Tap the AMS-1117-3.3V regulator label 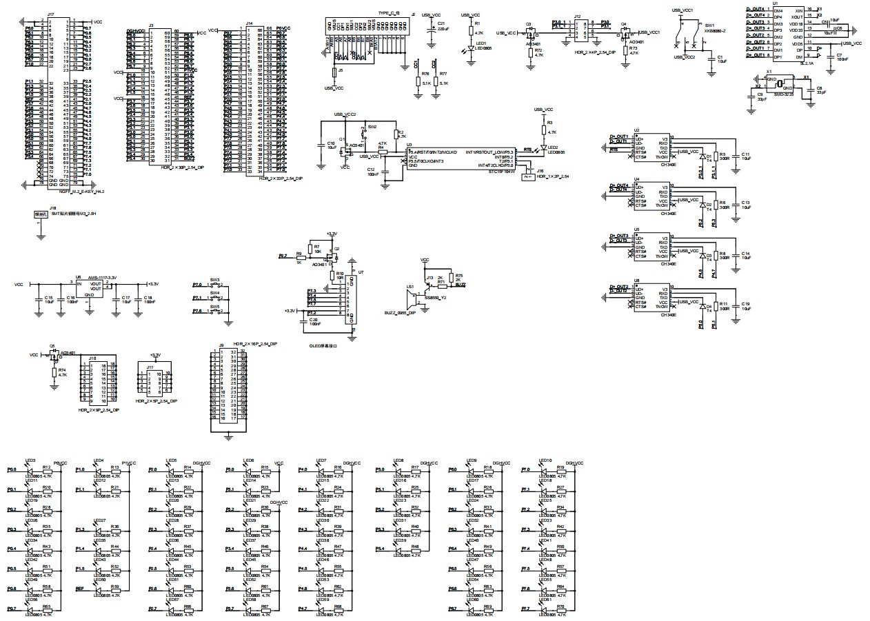(x=102, y=277)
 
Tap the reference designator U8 (x=636, y=281)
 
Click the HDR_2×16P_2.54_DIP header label (x=255, y=343)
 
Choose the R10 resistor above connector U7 (x=332, y=278)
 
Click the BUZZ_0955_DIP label (x=400, y=312)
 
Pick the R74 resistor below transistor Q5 (x=54, y=371)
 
